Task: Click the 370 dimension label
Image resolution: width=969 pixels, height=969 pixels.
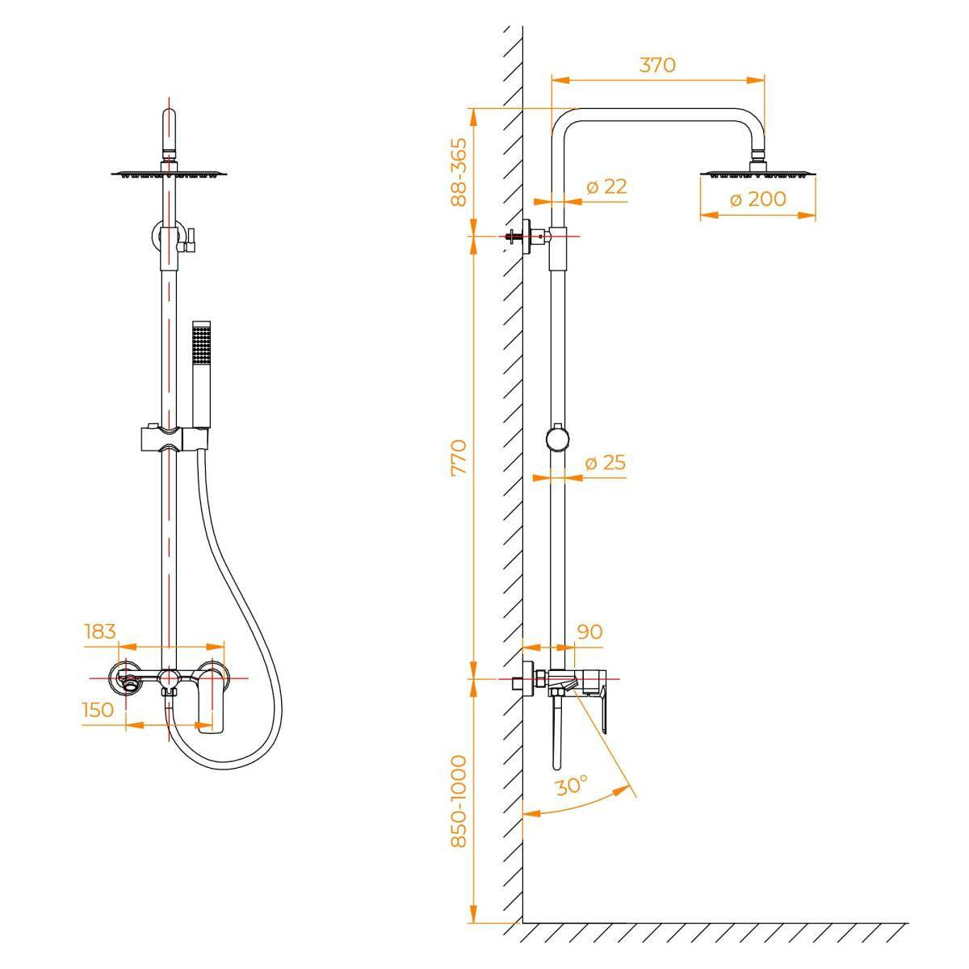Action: (657, 65)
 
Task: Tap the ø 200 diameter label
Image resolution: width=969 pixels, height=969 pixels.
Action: (757, 199)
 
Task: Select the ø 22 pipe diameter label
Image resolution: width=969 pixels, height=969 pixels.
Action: (606, 187)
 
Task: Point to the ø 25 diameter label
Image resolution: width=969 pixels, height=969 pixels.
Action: (606, 463)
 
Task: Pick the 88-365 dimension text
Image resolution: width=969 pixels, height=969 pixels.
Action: (459, 172)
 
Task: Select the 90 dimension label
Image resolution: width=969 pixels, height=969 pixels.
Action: (589, 631)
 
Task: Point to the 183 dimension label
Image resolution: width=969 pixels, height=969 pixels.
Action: (100, 631)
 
